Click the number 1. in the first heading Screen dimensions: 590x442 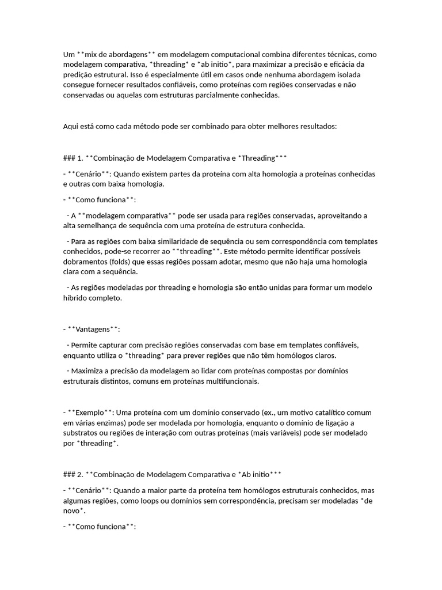point(80,158)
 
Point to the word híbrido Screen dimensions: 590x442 point(75,298)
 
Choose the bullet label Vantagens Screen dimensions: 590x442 point(94,330)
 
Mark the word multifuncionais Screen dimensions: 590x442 point(229,381)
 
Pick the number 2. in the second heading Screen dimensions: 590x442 point(80,475)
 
